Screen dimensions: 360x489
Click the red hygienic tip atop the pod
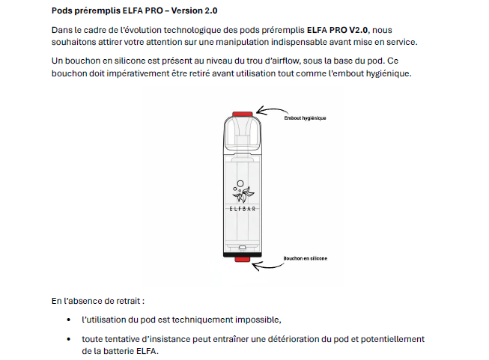242,114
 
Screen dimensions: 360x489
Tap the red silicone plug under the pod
242,260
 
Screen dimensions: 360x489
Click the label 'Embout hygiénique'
305,118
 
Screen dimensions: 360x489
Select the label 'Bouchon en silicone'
305,258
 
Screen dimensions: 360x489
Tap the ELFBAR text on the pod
242,209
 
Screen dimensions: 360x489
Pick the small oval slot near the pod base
242,247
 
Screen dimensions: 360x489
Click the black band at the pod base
242,254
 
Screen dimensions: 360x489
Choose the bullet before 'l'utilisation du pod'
69,320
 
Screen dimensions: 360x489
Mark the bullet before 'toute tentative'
69,339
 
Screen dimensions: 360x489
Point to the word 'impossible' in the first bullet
257,320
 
